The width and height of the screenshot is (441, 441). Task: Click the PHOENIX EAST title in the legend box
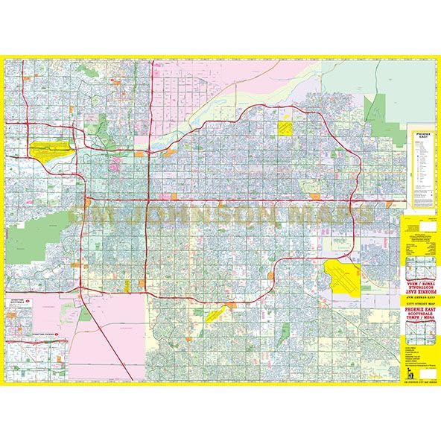(x=420, y=139)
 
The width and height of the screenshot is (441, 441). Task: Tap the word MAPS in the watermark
(x=336, y=215)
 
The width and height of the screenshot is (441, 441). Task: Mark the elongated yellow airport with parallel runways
(x=51, y=148)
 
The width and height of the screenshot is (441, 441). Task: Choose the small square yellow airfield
(x=285, y=127)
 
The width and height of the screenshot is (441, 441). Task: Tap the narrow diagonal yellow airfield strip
(x=212, y=314)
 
